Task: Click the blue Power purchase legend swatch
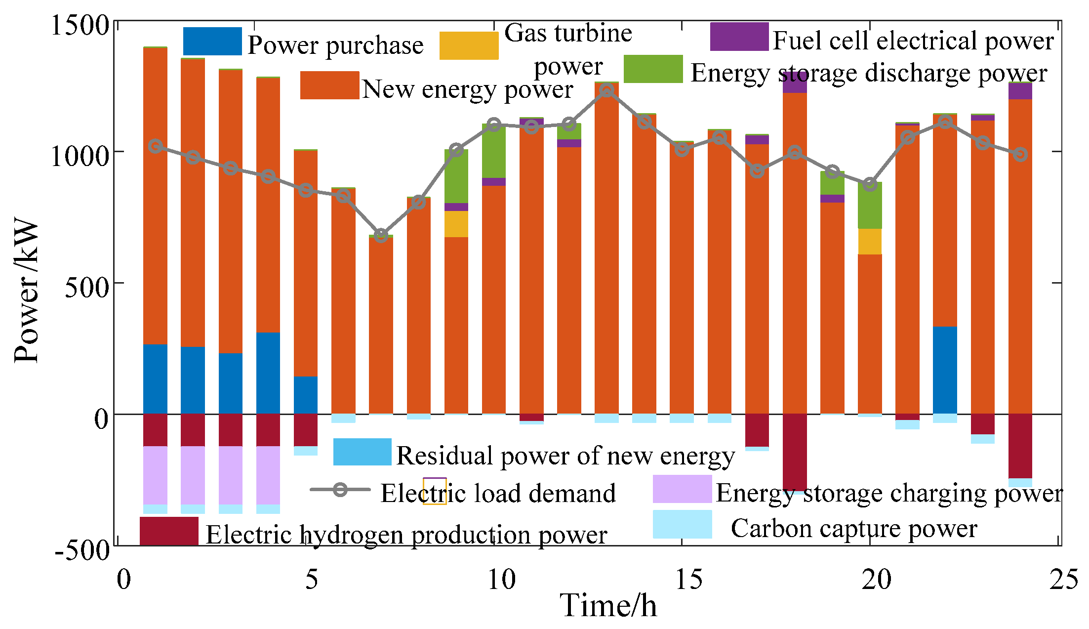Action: (x=212, y=41)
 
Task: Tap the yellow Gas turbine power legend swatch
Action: (x=469, y=45)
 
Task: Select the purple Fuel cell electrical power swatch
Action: (x=739, y=37)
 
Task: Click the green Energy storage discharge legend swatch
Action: (x=653, y=69)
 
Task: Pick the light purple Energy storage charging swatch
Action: (x=682, y=489)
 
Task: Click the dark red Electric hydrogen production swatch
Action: (x=169, y=531)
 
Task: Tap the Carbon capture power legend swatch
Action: (x=682, y=524)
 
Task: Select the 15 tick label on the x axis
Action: (x=688, y=579)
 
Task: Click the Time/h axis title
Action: (x=608, y=605)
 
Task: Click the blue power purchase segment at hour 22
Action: (x=945, y=370)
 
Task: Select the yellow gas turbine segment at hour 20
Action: (x=870, y=241)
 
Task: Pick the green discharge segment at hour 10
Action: (x=493, y=151)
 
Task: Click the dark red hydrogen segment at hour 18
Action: (x=795, y=451)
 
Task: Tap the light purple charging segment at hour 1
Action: (x=155, y=475)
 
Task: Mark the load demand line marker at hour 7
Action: (x=380, y=235)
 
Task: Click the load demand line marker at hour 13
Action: (x=606, y=90)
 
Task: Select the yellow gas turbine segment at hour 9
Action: (x=456, y=224)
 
